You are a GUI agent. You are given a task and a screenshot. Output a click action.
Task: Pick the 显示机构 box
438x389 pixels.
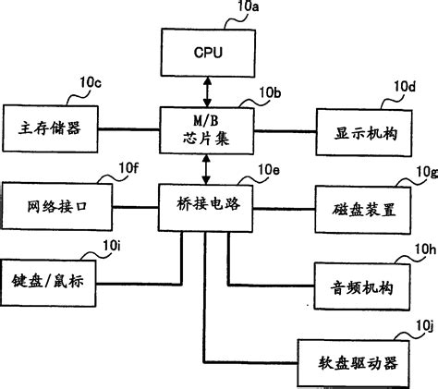pos(362,131)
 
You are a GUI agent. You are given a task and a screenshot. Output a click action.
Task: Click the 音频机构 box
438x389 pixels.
pos(362,287)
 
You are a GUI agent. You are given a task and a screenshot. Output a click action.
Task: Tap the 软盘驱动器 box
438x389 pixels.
pos(356,363)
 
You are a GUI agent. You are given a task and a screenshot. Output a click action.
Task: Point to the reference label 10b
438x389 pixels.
pos(269,91)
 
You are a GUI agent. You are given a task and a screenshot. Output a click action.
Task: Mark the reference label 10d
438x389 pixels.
pos(404,87)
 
